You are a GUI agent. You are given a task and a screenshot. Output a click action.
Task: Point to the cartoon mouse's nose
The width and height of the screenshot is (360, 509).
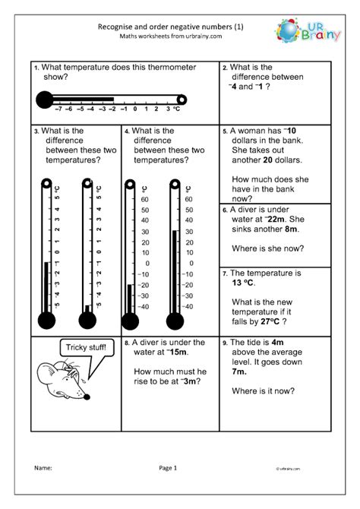click(x=86, y=396)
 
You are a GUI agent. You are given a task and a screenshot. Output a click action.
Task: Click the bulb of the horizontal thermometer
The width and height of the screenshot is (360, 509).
click(x=44, y=98)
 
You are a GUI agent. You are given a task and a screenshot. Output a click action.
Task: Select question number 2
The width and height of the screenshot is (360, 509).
click(x=225, y=68)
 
